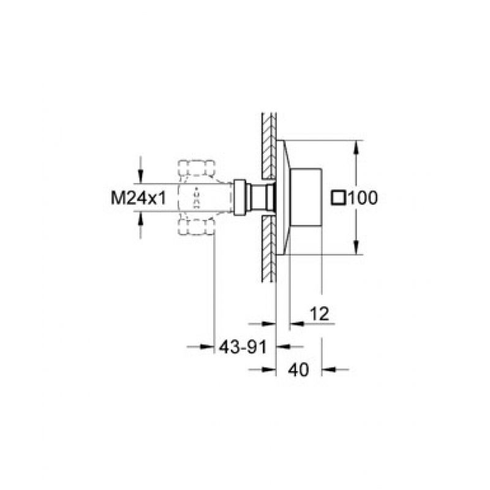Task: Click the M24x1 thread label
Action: coord(138,198)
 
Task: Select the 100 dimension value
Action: coord(363,197)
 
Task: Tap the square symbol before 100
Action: coord(339,197)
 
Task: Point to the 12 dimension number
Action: coord(319,314)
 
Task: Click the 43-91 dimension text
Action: coord(243,347)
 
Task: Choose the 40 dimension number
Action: coord(298,370)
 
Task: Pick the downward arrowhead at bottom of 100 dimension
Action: coord(356,247)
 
